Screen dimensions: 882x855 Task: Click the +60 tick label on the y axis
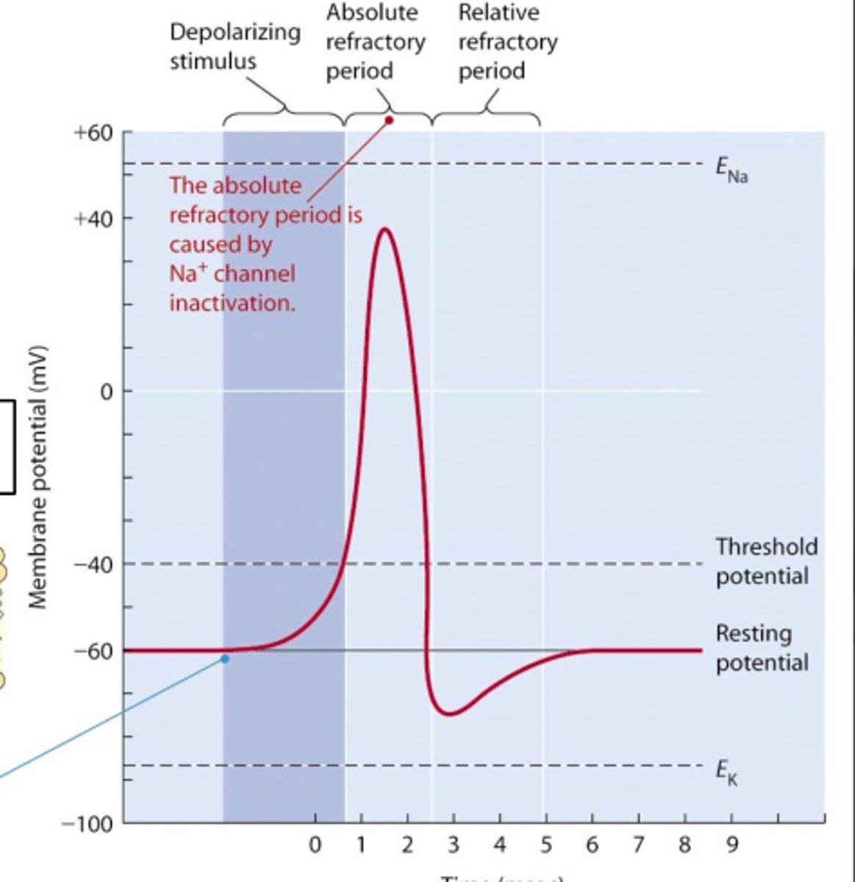point(93,133)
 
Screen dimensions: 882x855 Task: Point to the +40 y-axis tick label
point(93,218)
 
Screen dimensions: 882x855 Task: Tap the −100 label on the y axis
point(87,824)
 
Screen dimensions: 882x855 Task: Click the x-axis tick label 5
point(545,845)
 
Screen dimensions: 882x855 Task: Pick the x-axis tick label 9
point(731,845)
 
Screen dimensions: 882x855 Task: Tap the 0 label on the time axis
point(315,845)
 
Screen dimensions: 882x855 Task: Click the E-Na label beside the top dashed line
point(731,170)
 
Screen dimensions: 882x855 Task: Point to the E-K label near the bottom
point(726,772)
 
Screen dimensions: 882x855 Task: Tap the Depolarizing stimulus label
point(235,46)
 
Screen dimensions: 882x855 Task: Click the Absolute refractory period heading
point(375,41)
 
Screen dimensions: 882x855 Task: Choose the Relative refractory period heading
point(507,41)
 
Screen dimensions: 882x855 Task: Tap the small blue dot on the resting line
point(225,659)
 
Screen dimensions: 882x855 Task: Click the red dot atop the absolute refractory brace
point(390,120)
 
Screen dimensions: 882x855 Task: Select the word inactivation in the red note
point(232,303)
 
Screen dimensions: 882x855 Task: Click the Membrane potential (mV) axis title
point(38,477)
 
